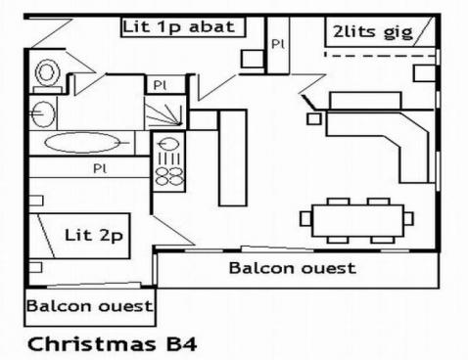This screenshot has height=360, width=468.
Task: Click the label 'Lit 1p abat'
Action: pos(180,26)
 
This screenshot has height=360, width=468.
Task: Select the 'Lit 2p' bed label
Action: pos(93,236)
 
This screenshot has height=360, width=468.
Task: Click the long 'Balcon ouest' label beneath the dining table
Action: pos(292,267)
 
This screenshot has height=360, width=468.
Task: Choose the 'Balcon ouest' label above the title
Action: pos(89,306)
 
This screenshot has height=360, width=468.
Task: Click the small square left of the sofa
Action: pos(314,118)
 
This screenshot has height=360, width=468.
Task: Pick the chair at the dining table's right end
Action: pos(407,218)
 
